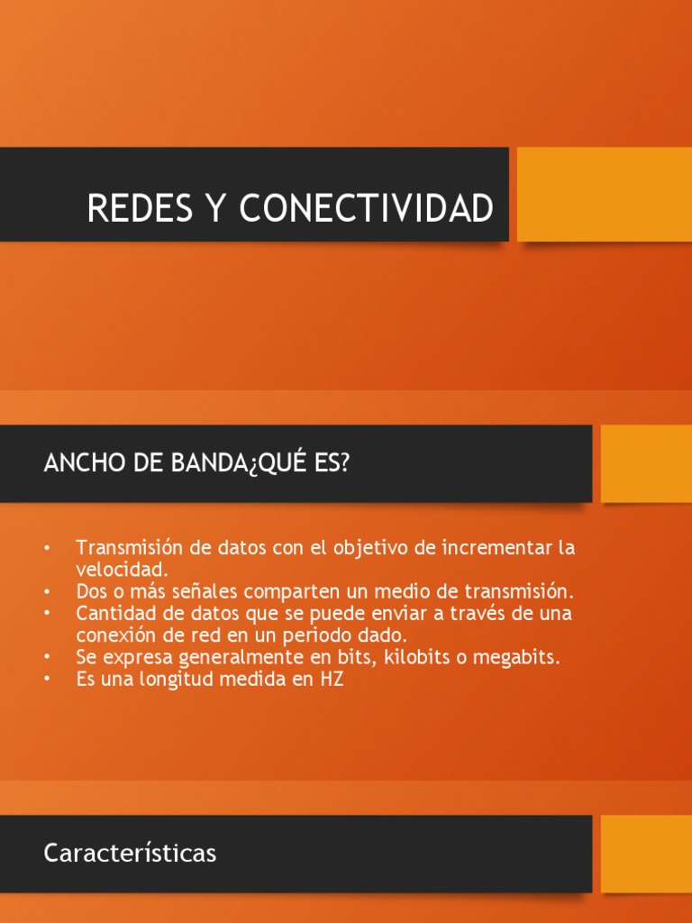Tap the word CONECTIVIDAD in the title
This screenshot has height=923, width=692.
[367, 208]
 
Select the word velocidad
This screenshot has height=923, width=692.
[122, 570]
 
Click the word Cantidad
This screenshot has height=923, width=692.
[115, 614]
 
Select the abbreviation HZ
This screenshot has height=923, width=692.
[331, 680]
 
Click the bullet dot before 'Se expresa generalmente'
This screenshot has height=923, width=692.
[47, 658]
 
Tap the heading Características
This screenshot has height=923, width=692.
[130, 853]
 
